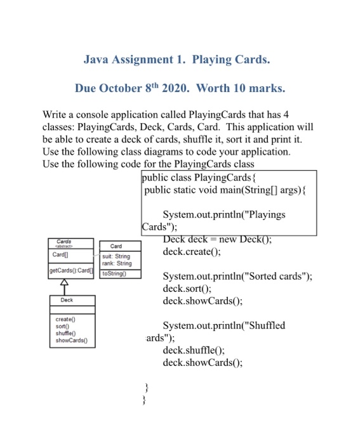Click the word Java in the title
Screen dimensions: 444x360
[98, 60]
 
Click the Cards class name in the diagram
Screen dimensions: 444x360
[64, 241]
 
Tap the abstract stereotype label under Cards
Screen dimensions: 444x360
[64, 246]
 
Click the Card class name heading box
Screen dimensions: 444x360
[116, 246]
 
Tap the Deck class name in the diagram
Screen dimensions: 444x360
[67, 301]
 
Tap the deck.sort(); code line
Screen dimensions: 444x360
[187, 289]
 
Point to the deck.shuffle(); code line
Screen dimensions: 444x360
[194, 349]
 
